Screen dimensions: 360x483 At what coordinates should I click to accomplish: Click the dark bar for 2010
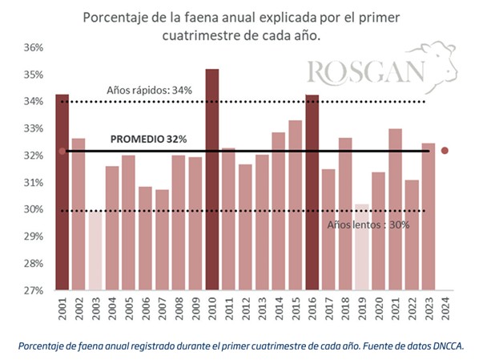(x=212, y=180)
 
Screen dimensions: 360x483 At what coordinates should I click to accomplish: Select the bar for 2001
(x=62, y=192)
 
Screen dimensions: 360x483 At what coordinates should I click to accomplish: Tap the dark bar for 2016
(x=312, y=192)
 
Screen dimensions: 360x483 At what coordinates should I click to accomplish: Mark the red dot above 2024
(x=445, y=151)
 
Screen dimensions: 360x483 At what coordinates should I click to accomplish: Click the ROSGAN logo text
(x=364, y=72)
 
